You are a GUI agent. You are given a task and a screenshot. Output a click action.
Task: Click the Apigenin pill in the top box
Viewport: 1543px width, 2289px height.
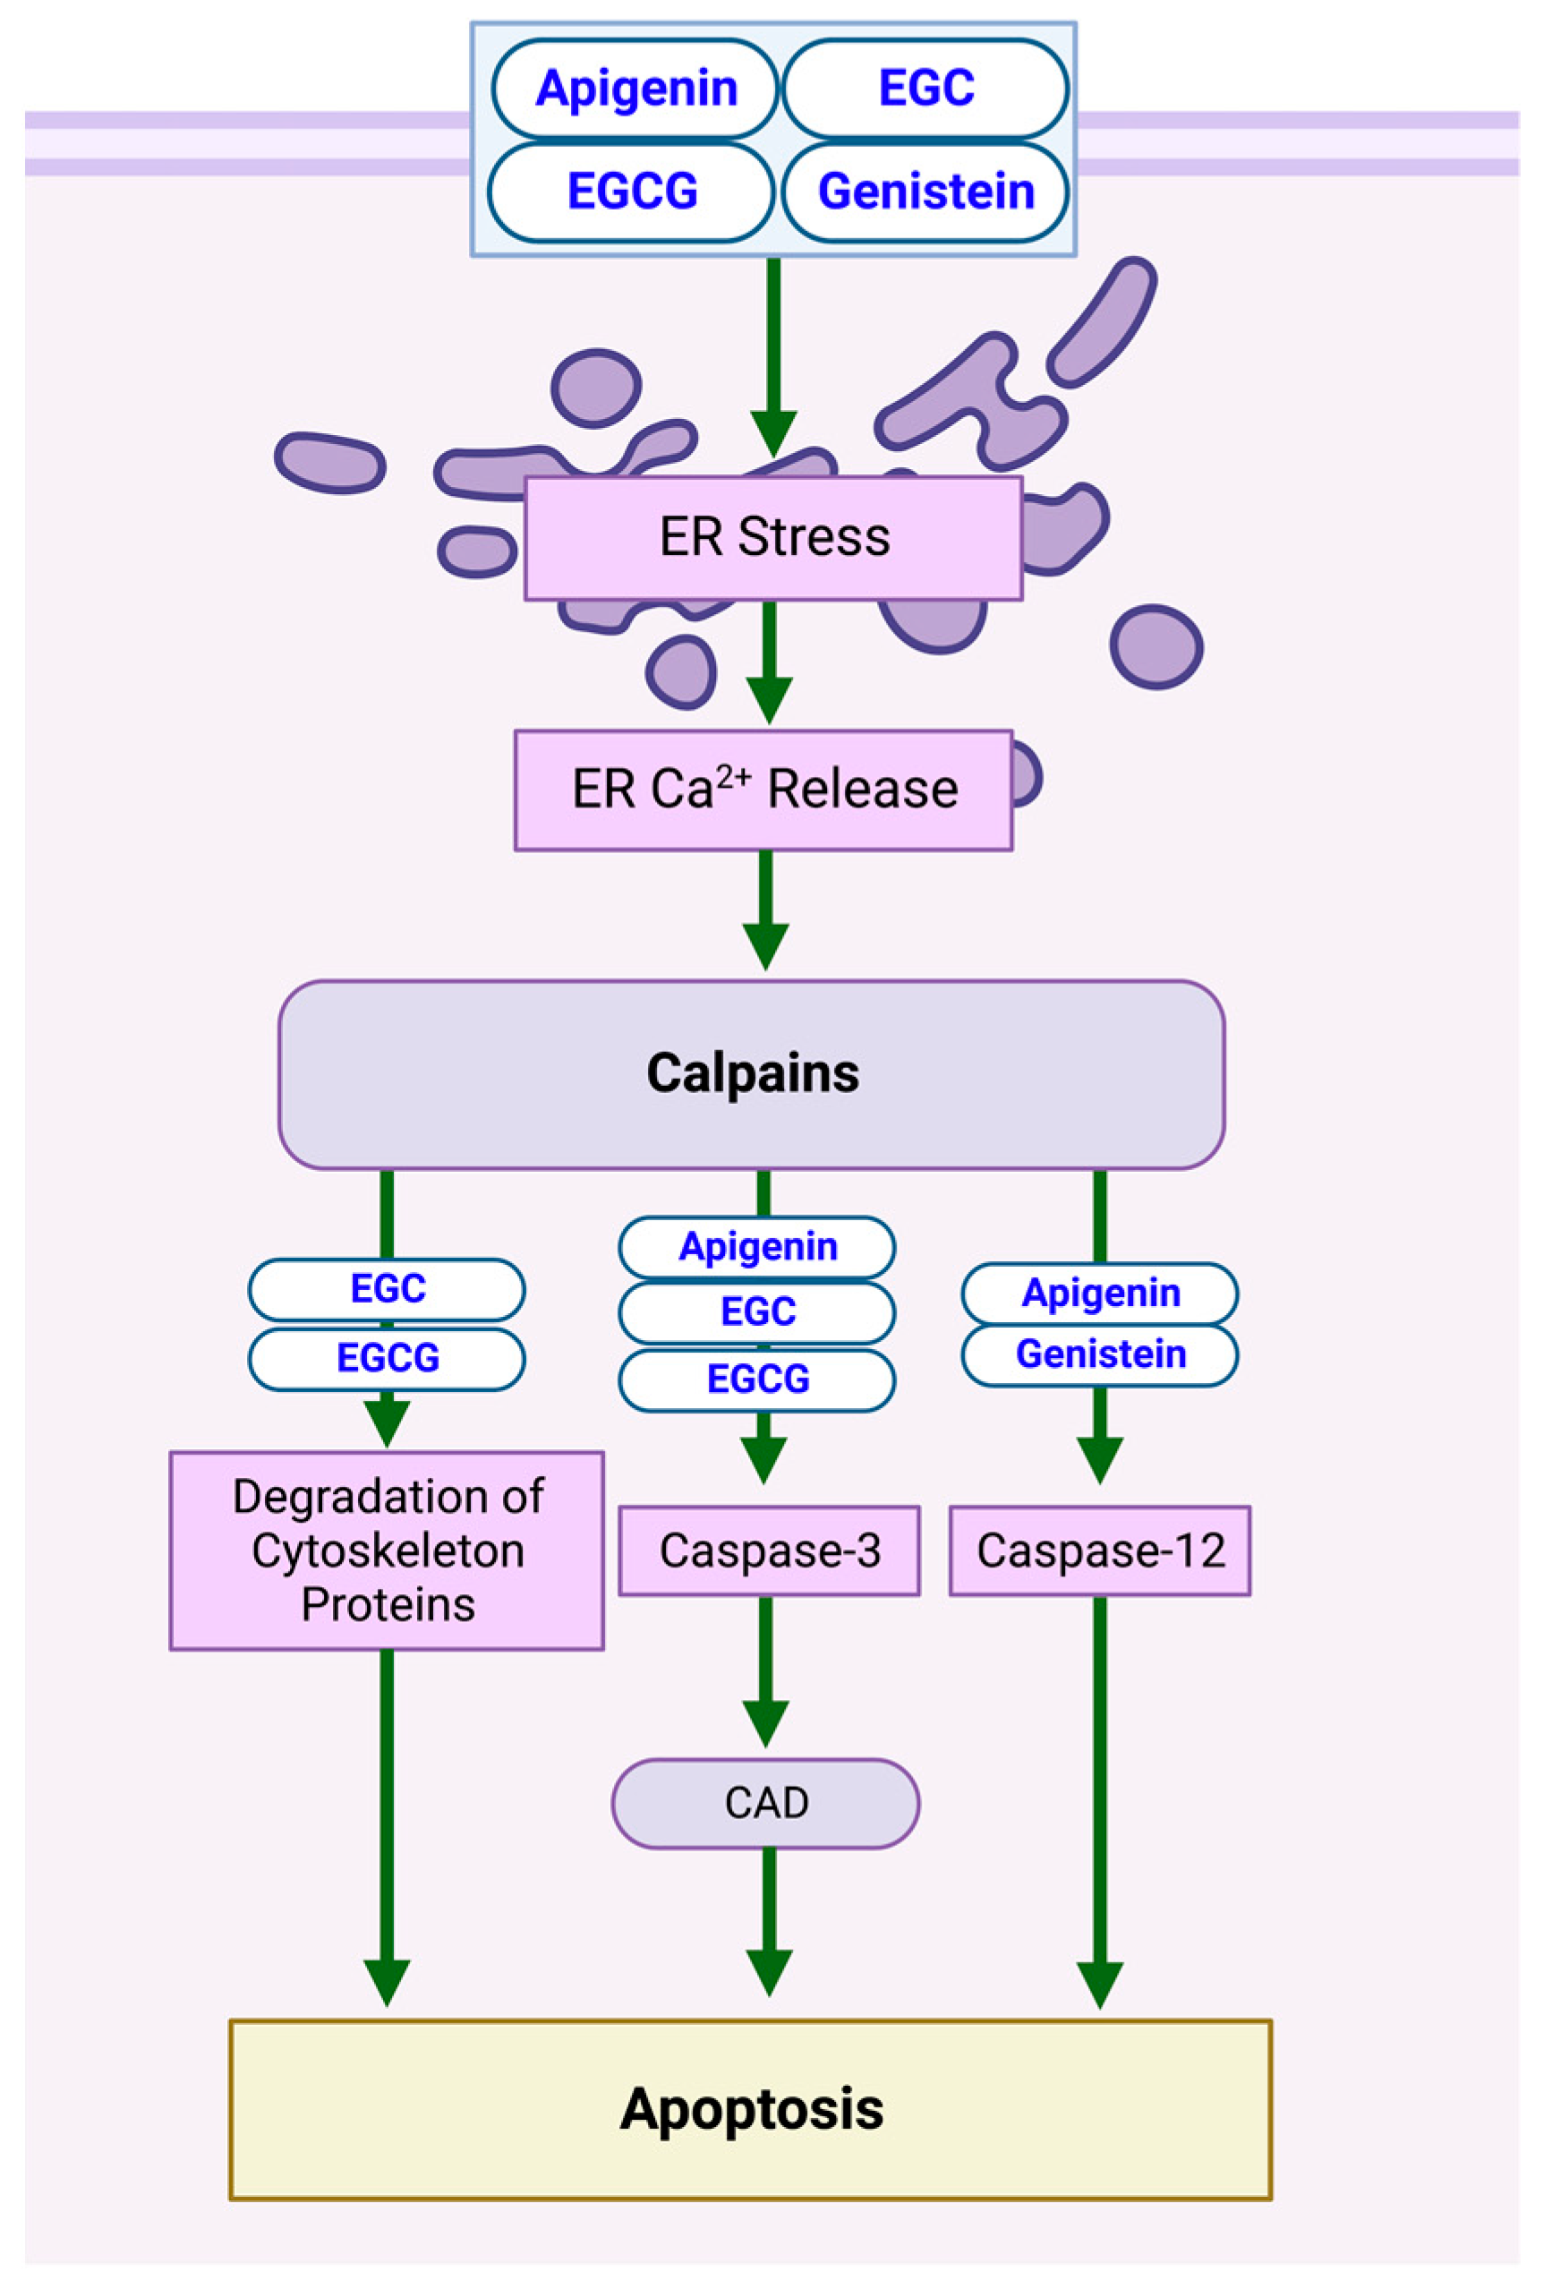click(x=635, y=89)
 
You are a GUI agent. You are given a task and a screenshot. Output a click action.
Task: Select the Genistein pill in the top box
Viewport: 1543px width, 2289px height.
click(x=925, y=192)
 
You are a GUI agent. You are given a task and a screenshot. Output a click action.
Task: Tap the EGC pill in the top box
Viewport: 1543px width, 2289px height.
click(x=925, y=89)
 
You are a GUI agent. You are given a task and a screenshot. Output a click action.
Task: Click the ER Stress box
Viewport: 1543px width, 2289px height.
click(x=773, y=538)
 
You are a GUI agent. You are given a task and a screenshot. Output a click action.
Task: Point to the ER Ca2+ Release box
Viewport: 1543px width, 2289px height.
click(x=763, y=790)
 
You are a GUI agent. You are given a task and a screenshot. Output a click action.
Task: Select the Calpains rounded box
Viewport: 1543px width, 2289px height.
click(x=752, y=1073)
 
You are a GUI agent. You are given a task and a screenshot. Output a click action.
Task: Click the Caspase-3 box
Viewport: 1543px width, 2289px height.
click(x=769, y=1551)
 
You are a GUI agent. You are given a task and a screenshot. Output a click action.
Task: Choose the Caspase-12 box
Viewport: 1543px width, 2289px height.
click(x=1099, y=1551)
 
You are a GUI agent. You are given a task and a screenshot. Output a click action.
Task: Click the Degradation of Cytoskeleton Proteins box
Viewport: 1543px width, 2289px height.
click(x=387, y=1551)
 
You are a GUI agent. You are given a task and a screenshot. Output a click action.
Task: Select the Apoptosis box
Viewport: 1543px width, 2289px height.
click(x=751, y=2110)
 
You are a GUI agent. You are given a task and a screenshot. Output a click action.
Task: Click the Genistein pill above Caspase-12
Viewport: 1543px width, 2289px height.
click(x=1099, y=1355)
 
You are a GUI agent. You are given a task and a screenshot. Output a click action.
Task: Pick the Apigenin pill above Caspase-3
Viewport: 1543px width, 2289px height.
click(x=757, y=1247)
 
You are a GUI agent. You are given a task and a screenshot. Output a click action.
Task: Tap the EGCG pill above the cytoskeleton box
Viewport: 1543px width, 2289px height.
click(x=387, y=1359)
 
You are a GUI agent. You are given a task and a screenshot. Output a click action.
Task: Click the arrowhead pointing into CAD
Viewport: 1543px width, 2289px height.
click(x=765, y=1723)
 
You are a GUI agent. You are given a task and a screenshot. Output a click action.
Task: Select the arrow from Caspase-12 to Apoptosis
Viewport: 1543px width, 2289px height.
click(x=1100, y=1791)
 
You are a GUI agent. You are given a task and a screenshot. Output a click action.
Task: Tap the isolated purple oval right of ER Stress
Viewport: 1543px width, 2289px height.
click(x=1156, y=646)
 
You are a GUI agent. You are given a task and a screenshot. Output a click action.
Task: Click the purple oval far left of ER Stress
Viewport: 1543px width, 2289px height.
click(x=329, y=463)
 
